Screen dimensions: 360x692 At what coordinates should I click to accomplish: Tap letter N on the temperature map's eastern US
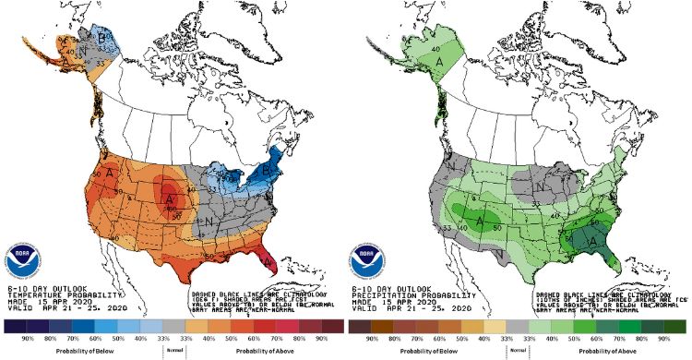pyautogui.click(x=211, y=222)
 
